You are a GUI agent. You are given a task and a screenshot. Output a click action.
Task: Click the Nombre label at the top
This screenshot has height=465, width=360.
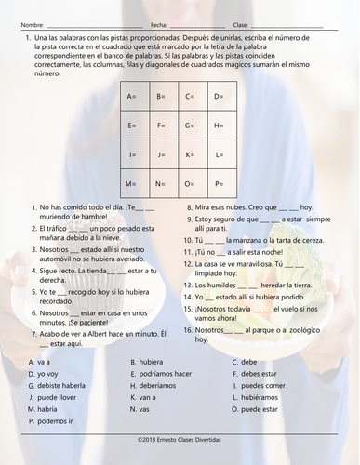pos(30,23)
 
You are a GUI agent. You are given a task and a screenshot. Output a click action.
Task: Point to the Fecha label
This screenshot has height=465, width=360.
pos(158,23)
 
